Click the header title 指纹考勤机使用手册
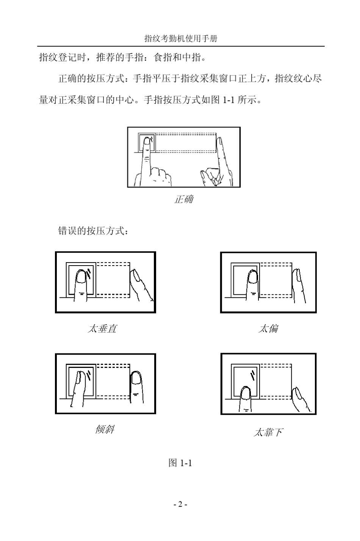click(x=181, y=39)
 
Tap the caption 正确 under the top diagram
click(x=183, y=199)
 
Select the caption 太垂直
click(x=102, y=328)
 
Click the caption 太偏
click(x=268, y=328)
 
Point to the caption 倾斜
click(x=105, y=430)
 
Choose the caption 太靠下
click(x=268, y=432)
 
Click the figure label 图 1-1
click(x=180, y=463)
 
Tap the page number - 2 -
click(x=180, y=504)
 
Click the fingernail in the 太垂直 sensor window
click(x=81, y=277)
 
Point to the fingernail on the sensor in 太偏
click(x=253, y=277)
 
